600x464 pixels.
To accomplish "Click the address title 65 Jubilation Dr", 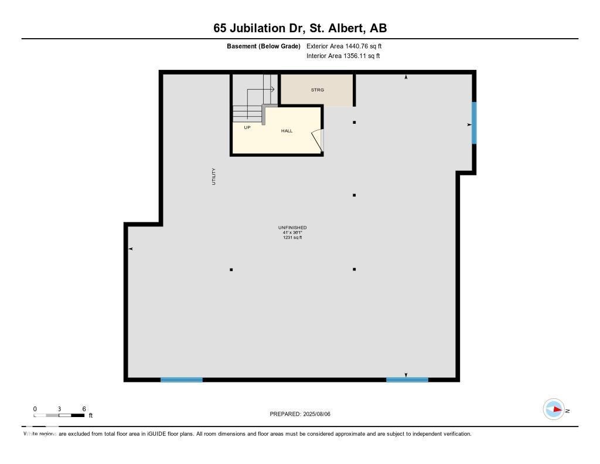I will (x=300, y=28).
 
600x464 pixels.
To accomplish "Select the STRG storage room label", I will (x=317, y=90).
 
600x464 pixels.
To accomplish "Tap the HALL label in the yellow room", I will (x=287, y=131).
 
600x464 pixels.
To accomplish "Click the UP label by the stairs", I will (x=247, y=127).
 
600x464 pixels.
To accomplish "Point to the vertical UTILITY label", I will (x=214, y=177).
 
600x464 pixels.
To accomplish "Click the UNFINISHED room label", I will (x=292, y=228).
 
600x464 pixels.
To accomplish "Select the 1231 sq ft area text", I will (x=292, y=238).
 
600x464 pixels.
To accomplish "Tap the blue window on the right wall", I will (x=474, y=123).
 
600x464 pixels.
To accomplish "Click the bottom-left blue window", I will (x=182, y=380).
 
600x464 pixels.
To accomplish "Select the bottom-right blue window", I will (x=407, y=380).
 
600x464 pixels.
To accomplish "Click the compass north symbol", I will (x=554, y=410).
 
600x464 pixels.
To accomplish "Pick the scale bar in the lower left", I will (x=59, y=415).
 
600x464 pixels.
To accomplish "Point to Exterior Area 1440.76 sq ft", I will (x=344, y=46).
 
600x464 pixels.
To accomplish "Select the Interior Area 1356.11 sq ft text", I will (x=343, y=56).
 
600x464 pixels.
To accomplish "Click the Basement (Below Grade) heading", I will (x=264, y=46).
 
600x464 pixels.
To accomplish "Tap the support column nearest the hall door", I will (x=354, y=122).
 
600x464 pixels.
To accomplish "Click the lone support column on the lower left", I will (x=231, y=270).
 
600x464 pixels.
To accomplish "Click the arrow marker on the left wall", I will (x=131, y=249).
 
